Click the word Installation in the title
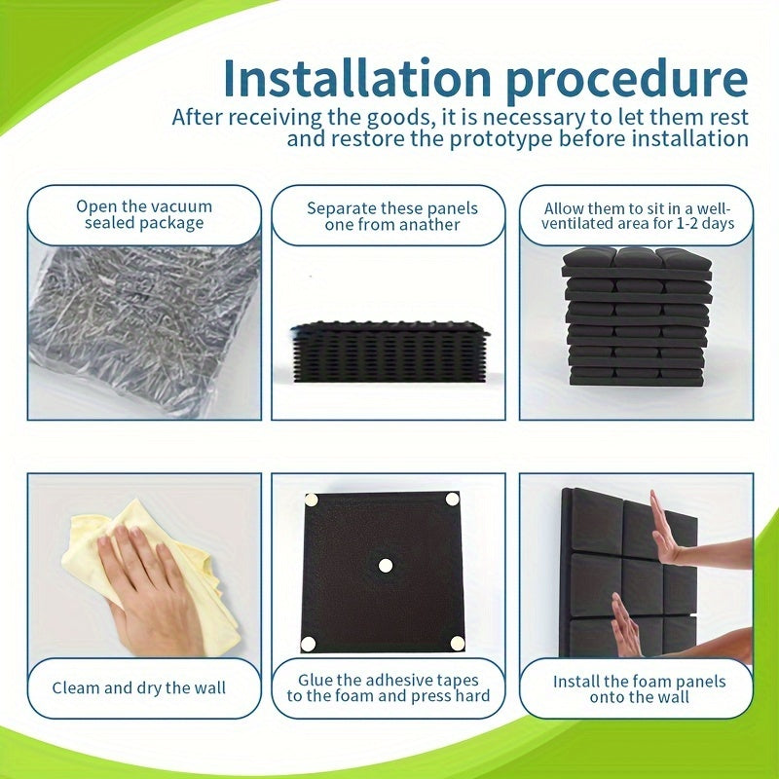point(357,79)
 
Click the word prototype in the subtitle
point(501,139)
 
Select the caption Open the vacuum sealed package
point(144,214)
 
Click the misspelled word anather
point(428,225)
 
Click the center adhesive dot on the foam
point(386,566)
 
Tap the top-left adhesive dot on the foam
point(311,500)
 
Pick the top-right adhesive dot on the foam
point(452,499)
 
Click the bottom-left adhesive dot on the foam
point(308,644)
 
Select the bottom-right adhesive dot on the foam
point(458,644)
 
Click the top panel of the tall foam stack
point(637,263)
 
